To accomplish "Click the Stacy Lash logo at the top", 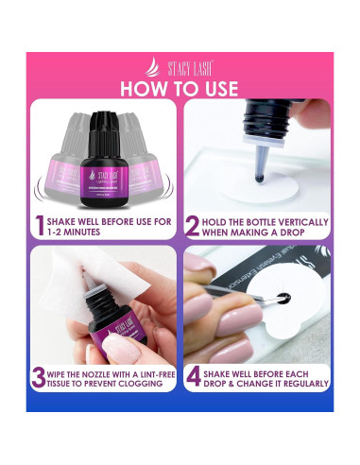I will tap(180, 67).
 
